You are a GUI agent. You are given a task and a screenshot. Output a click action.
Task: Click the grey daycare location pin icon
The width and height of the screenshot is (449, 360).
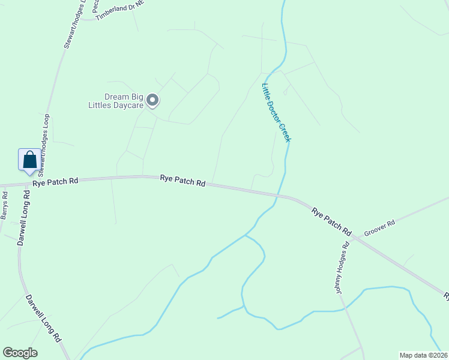click(152, 100)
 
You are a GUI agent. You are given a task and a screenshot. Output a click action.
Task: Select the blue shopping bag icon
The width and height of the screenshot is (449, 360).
click(29, 160)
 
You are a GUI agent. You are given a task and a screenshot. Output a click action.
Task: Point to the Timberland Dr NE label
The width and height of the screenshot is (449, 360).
click(120, 11)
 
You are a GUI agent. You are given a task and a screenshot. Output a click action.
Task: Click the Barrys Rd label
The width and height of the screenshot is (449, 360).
click(5, 205)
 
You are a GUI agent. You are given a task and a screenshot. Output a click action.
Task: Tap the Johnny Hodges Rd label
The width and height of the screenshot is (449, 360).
click(342, 268)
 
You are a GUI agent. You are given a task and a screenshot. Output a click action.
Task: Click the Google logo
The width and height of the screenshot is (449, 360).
click(20, 353)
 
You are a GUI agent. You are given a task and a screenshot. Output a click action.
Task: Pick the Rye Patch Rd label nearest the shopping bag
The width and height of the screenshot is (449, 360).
click(56, 181)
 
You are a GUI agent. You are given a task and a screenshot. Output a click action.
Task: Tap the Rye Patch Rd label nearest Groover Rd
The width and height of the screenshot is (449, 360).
click(331, 220)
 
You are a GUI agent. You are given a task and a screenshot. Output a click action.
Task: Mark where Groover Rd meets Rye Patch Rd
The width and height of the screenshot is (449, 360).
click(354, 238)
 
